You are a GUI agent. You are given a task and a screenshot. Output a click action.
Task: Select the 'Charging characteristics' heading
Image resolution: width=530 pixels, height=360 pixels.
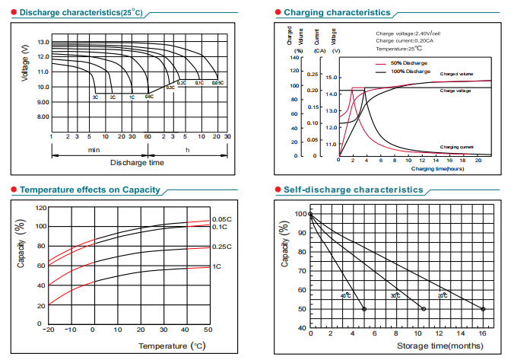click(338, 13)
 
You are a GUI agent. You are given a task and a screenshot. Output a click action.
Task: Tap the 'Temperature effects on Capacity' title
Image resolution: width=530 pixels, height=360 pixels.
click(90, 190)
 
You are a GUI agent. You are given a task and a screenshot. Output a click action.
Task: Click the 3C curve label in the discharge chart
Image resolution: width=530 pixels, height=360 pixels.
click(96, 97)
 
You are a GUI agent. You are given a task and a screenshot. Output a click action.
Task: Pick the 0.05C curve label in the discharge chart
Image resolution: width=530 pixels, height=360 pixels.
click(217, 82)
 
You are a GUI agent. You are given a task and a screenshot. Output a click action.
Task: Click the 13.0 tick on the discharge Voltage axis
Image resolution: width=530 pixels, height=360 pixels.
click(43, 43)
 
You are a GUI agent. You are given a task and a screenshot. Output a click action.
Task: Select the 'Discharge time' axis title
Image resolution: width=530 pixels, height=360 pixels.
click(137, 163)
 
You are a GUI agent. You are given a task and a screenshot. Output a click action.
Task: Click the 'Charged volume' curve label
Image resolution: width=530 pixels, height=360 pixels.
click(456, 74)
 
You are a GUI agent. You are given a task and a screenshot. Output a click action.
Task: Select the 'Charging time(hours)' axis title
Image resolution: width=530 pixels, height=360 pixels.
click(437, 168)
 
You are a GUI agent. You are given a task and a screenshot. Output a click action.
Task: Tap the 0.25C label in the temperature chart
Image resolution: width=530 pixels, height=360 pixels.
click(222, 247)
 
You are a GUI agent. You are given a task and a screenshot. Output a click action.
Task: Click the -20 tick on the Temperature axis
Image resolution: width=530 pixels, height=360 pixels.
click(50, 330)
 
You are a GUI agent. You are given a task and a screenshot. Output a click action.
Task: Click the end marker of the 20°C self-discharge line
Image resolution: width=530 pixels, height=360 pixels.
click(483, 309)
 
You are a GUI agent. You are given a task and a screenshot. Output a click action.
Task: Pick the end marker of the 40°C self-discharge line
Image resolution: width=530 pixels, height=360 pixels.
click(364, 309)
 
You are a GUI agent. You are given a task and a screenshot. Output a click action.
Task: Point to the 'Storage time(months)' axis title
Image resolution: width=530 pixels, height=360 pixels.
click(439, 346)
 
